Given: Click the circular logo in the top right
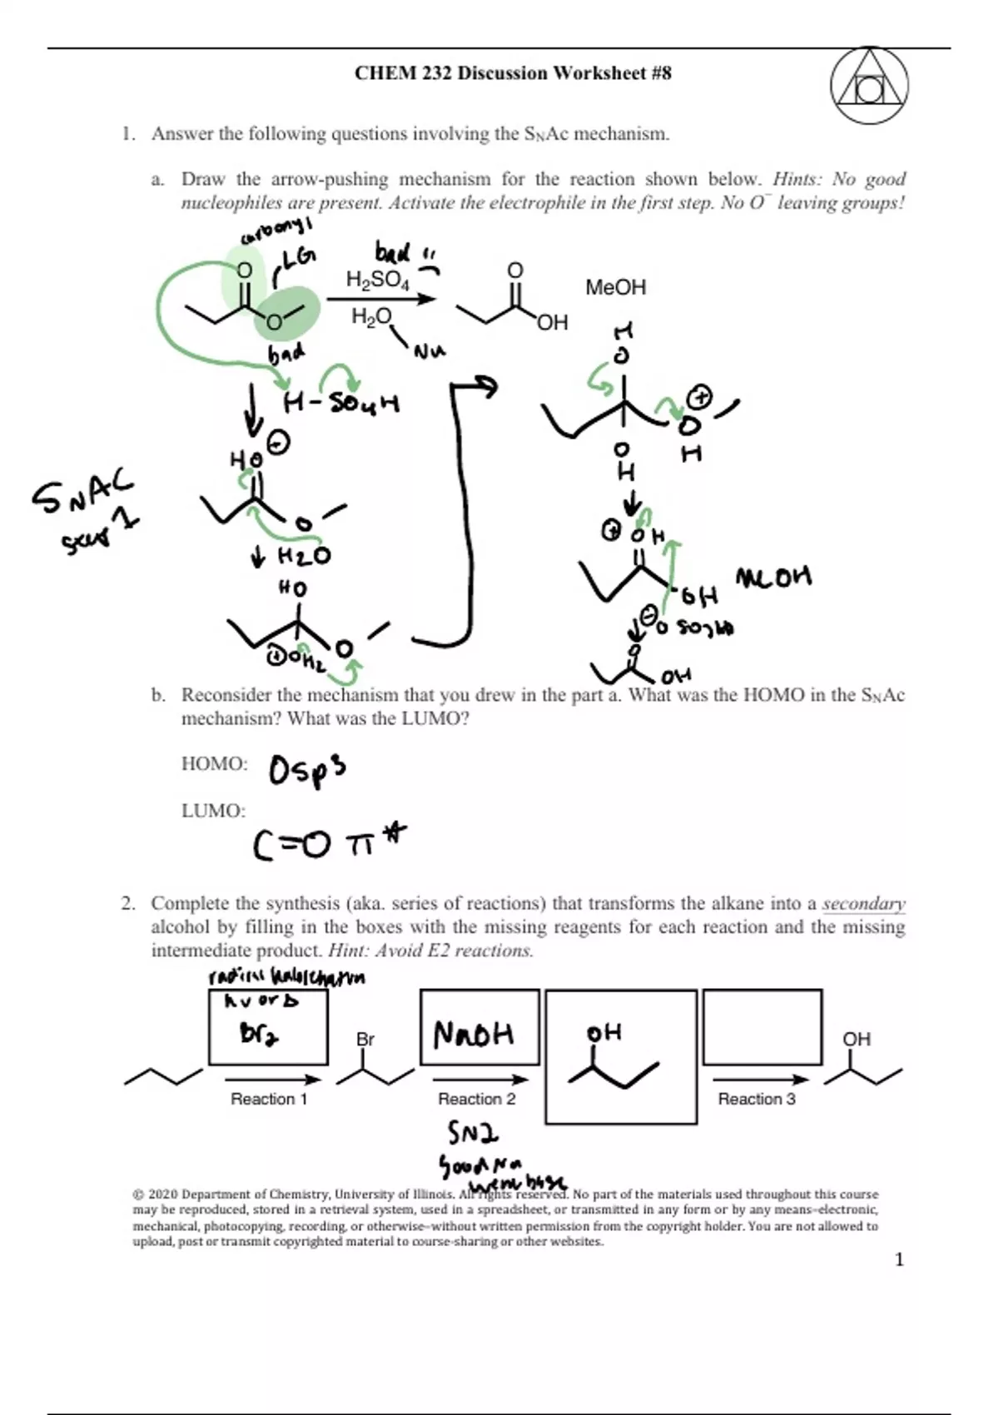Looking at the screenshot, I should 868,87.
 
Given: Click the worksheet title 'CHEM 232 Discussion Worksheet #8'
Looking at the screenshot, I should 513,73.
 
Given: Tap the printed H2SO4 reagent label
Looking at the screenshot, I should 377,281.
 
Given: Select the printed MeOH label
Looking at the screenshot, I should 615,288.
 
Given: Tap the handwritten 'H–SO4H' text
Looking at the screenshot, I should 341,405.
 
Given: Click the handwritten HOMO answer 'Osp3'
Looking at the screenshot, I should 306,770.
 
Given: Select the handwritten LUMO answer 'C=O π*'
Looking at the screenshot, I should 330,842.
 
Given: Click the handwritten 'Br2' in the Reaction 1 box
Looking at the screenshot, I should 259,1034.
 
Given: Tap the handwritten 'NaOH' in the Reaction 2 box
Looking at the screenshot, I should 474,1035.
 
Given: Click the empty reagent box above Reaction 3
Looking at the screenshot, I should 762,1026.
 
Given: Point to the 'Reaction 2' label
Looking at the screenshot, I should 476,1099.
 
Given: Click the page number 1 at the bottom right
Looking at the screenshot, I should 898,1259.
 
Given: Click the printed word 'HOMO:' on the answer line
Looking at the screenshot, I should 214,764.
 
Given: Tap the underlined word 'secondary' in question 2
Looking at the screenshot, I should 863,904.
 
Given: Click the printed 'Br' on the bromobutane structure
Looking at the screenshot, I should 365,1039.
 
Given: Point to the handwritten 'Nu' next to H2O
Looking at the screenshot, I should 429,352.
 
